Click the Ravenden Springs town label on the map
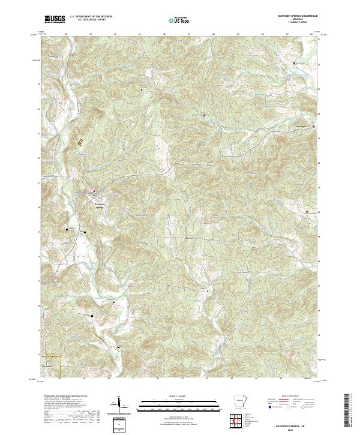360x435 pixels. tap(104, 206)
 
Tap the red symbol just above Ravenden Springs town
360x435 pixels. tap(94, 192)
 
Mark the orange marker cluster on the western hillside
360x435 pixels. tap(80, 142)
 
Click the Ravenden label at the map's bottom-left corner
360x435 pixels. tap(49, 365)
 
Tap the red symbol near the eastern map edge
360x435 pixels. tap(307, 212)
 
